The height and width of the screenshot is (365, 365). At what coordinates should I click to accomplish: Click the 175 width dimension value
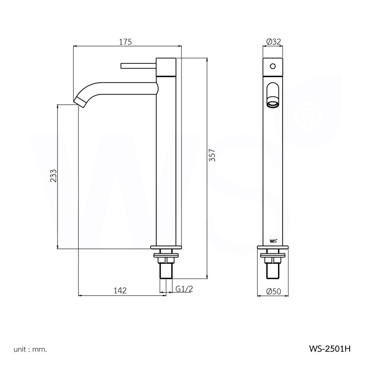(x=125, y=42)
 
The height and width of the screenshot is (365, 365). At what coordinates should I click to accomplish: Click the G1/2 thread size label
(x=184, y=289)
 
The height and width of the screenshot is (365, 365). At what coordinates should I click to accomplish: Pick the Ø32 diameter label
(x=273, y=42)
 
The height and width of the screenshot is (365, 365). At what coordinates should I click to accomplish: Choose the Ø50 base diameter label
(x=273, y=291)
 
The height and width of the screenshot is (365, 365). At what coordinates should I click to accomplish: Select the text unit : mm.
(x=30, y=349)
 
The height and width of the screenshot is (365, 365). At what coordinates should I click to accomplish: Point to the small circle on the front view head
(x=272, y=67)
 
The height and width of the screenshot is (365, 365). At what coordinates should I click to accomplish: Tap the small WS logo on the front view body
(x=273, y=241)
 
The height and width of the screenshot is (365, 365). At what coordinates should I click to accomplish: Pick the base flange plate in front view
(x=273, y=248)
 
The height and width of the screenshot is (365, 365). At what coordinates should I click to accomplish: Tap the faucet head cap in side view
(x=166, y=67)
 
